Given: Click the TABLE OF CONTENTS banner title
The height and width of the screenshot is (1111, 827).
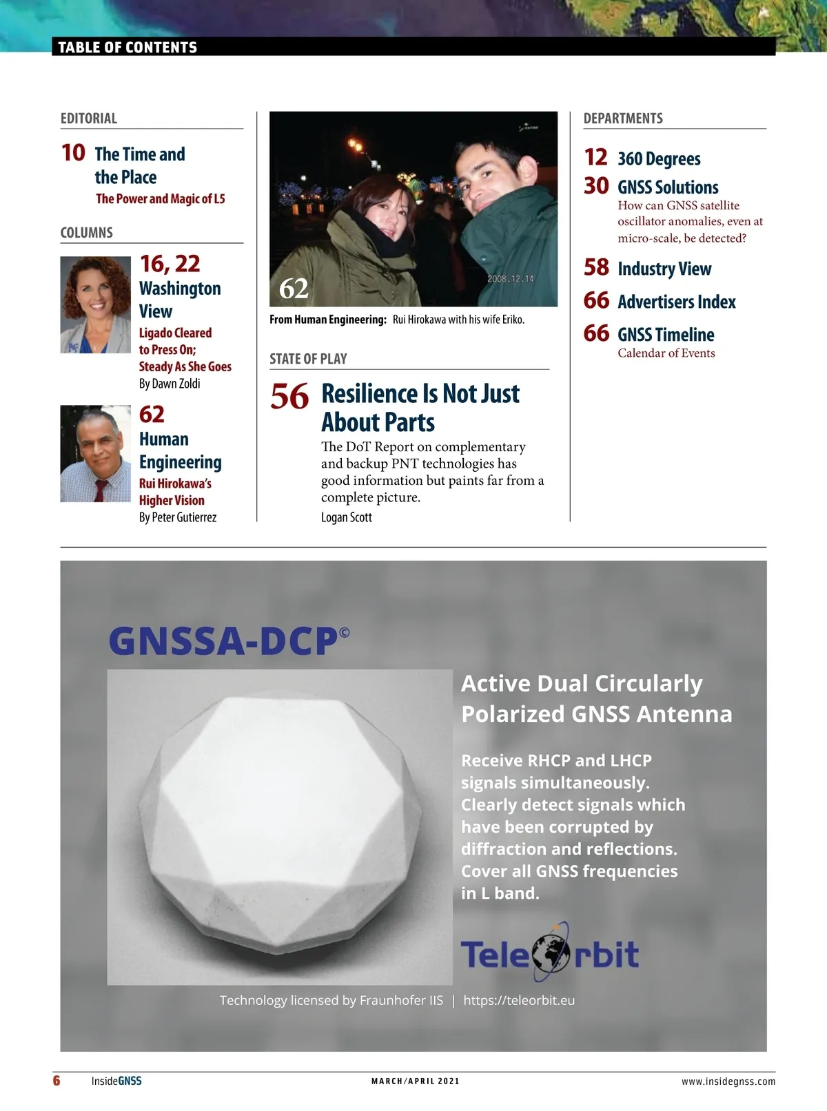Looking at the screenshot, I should click(x=127, y=48).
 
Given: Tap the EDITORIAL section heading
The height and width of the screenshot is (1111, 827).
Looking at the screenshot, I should click(x=89, y=118).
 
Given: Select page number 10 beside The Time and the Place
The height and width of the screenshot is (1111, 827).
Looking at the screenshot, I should click(x=73, y=153).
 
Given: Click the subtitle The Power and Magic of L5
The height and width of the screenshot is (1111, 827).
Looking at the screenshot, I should click(x=161, y=199).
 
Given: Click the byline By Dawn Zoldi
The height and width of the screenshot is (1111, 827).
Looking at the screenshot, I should click(x=170, y=384).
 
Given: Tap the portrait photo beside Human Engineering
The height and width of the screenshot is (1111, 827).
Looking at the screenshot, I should click(x=95, y=453).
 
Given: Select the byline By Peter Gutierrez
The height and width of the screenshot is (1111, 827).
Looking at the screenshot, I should click(x=178, y=517).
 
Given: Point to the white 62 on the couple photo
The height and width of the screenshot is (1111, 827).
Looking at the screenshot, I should click(x=294, y=289).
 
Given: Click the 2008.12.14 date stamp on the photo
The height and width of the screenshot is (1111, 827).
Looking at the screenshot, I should click(x=510, y=279).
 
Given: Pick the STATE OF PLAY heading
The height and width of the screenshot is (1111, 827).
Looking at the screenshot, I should click(x=308, y=359).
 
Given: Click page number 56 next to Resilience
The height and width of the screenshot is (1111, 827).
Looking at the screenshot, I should click(x=289, y=397).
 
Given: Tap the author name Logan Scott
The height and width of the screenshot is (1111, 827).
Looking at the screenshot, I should click(x=346, y=517).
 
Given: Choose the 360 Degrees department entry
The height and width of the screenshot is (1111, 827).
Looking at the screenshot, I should click(x=659, y=159).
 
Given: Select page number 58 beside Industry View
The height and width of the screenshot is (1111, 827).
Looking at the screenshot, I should click(x=596, y=267).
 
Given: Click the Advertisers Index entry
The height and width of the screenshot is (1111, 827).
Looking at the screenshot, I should click(x=676, y=302).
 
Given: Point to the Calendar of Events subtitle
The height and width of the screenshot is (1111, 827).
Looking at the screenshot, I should click(x=666, y=353).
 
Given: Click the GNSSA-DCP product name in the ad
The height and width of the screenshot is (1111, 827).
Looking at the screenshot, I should click(x=224, y=641).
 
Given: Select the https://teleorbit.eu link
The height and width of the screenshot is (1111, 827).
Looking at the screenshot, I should click(x=519, y=1000).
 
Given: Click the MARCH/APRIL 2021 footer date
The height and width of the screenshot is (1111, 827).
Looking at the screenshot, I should click(x=415, y=1081).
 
